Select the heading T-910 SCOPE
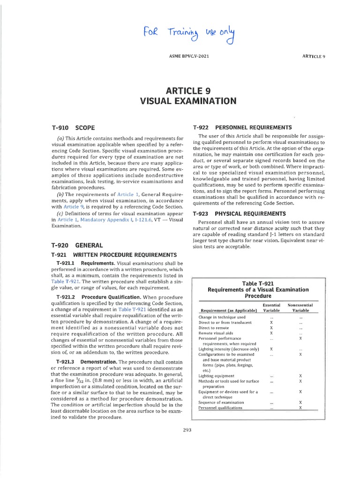tap(73, 127)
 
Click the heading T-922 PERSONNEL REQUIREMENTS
tap(242, 127)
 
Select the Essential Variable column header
tap(271, 307)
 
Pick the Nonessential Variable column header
tap(300, 307)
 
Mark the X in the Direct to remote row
tap(271, 328)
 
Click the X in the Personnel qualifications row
tap(300, 408)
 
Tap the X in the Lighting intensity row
tap(271, 349)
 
